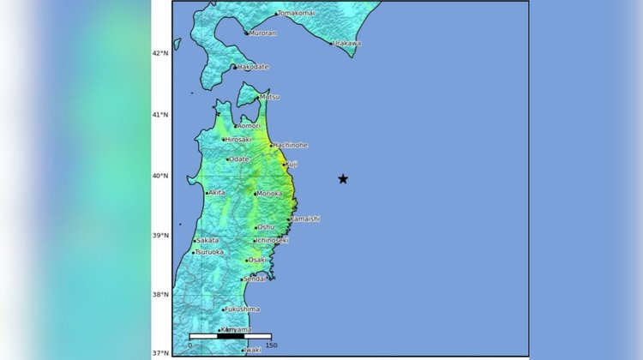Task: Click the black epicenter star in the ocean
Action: (x=343, y=179)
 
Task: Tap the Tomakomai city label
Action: (x=296, y=14)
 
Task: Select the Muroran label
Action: (x=262, y=33)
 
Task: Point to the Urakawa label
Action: (x=346, y=43)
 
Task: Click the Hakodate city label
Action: (x=252, y=66)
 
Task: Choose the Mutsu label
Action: (x=269, y=97)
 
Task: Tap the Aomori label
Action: (x=249, y=126)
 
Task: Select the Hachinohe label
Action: (x=291, y=145)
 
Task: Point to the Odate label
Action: (x=239, y=159)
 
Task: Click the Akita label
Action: (x=217, y=193)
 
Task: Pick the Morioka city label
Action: (x=269, y=193)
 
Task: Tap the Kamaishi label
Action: (x=305, y=219)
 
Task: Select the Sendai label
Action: (x=255, y=279)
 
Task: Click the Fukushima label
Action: (x=243, y=309)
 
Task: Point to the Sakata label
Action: (x=208, y=241)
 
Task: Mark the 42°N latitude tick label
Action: (x=160, y=53)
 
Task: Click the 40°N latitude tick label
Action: (x=160, y=177)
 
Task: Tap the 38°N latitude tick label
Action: (x=160, y=294)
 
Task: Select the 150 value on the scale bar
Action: (x=271, y=345)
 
